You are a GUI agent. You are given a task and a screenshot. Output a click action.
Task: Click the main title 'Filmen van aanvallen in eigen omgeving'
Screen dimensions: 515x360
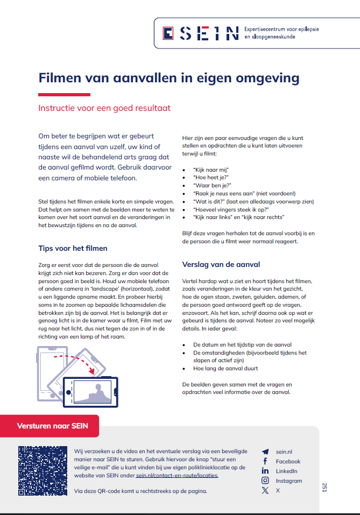coord(168,78)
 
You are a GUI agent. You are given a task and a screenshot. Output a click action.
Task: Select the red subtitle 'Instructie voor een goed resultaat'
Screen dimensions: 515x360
coord(104,108)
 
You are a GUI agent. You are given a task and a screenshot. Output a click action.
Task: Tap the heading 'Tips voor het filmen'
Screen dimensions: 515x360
coord(73,248)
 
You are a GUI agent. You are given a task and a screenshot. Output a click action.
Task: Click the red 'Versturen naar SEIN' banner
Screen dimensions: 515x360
coord(51,426)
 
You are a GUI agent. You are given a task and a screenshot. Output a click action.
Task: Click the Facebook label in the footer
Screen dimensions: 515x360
coord(288,461)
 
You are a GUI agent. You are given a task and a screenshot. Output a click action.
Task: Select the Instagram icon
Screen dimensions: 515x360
coord(265,481)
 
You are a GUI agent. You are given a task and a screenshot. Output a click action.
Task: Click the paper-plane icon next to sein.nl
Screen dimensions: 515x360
coord(265,451)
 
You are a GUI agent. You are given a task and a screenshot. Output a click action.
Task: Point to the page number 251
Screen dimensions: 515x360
coord(324,487)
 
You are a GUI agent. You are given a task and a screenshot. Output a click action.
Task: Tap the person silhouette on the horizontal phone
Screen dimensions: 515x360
coord(98,392)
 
